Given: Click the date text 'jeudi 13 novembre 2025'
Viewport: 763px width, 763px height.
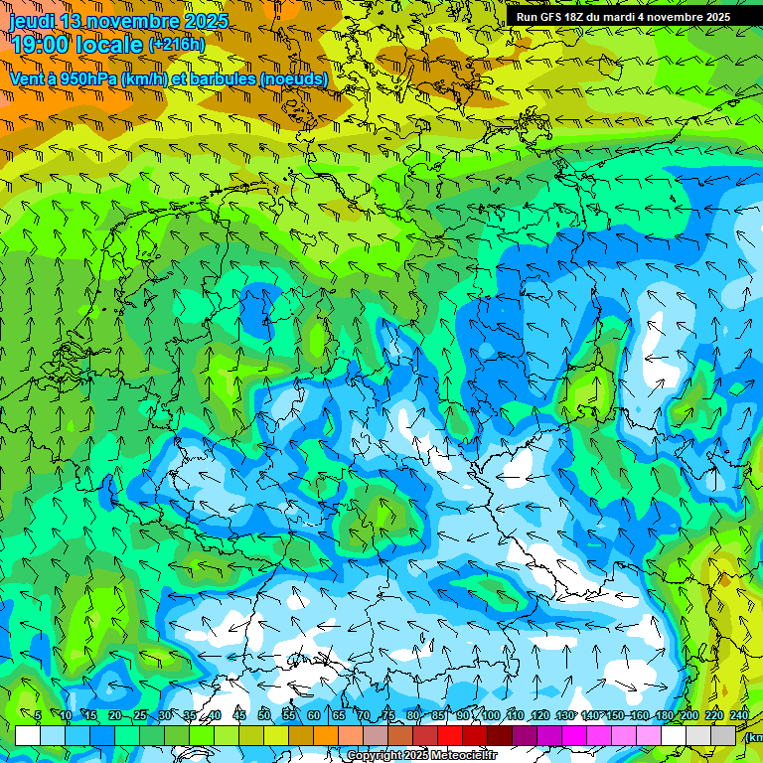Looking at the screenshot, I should coord(118,21).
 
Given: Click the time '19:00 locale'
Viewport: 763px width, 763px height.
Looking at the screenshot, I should coord(77,45).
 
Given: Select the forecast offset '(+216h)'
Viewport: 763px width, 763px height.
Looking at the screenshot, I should coord(178,45).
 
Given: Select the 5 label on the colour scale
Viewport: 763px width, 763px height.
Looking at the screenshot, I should coord(37,715).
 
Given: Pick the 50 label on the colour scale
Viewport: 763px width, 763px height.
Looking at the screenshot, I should coord(263,715).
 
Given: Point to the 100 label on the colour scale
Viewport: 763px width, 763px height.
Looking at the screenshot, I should coord(490,715).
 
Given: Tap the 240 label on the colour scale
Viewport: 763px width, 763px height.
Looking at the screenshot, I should coord(738,715).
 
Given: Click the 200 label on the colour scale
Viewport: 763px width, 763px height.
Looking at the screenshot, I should coord(688,715).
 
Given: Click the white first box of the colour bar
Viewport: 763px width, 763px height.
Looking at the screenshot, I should coord(28,735).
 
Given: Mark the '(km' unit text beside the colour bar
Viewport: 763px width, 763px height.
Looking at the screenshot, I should coord(753,737).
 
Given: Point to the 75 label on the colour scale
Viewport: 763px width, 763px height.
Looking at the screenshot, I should coord(388,715).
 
